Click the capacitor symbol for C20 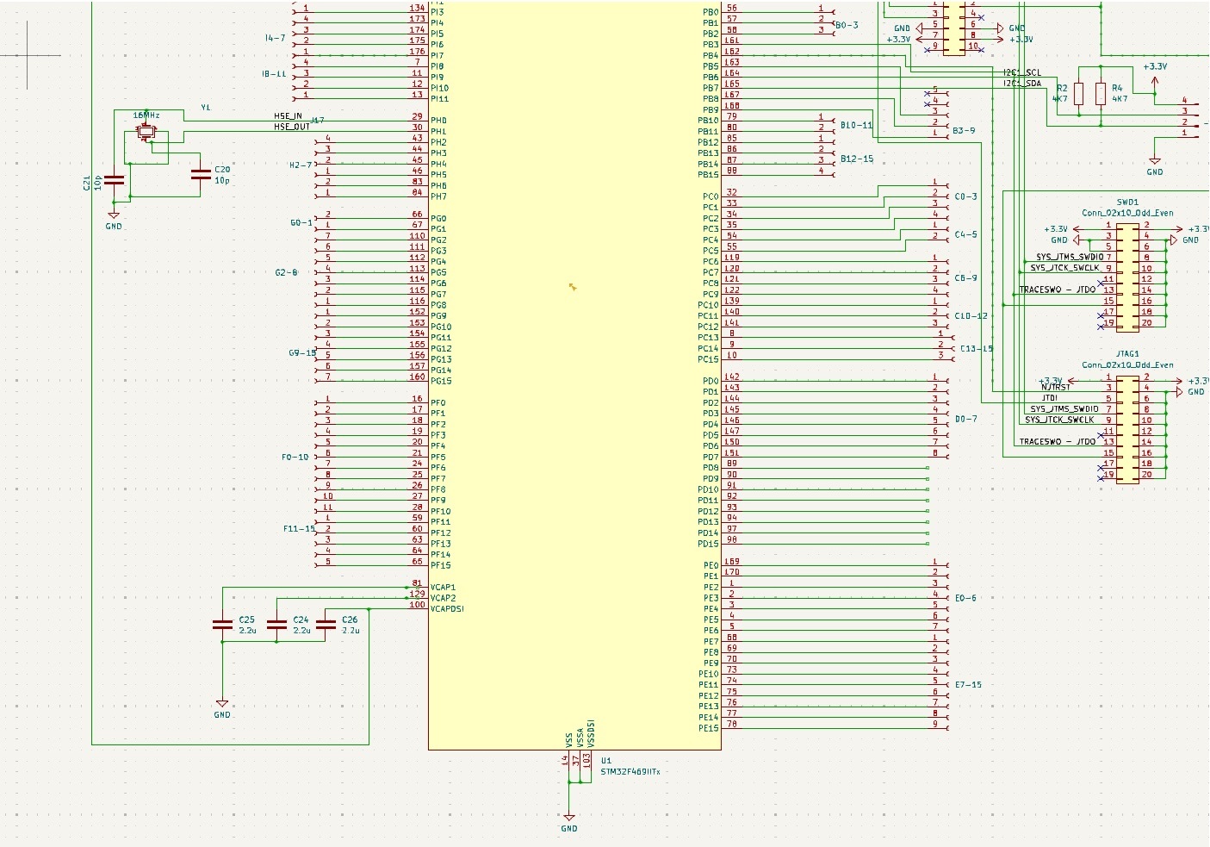click(201, 175)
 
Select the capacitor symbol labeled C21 click(114, 180)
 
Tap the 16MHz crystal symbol click(146, 132)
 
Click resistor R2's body click(1079, 94)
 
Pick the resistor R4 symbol click(1101, 94)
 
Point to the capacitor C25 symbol click(222, 625)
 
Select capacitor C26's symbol click(326, 625)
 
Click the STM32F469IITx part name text click(630, 772)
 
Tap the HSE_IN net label click(288, 116)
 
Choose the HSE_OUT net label click(291, 127)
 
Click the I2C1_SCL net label click(1021, 73)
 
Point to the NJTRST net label click(1056, 387)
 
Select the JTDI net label click(1050, 398)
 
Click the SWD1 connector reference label click(1127, 202)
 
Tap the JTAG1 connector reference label click(1127, 354)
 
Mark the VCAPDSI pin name click(447, 609)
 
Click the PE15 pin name click(708, 728)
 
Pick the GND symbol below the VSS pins click(568, 819)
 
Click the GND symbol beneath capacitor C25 click(222, 705)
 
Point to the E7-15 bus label click(968, 685)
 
